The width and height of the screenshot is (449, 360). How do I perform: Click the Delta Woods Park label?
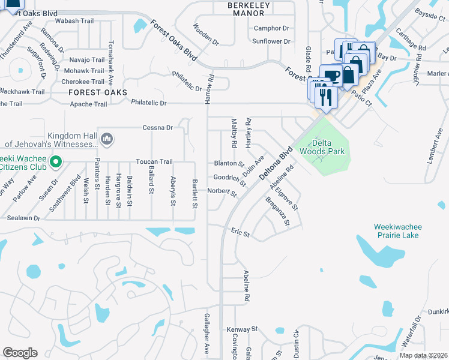pos(328,147)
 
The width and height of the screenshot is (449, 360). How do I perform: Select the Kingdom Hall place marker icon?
pos(107,139)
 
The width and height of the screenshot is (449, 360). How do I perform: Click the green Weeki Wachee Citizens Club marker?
pos(56,161)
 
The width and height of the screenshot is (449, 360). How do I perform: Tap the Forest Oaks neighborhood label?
pos(98,92)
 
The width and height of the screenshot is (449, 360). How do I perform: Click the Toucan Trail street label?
pos(154,162)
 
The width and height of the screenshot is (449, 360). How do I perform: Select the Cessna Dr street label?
pos(157,128)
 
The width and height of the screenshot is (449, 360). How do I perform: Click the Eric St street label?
pos(240,231)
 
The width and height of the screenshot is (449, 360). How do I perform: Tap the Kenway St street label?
pos(241,329)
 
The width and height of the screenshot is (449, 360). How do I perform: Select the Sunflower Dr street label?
pos(271,41)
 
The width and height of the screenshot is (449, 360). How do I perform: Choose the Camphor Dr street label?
pos(271,28)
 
